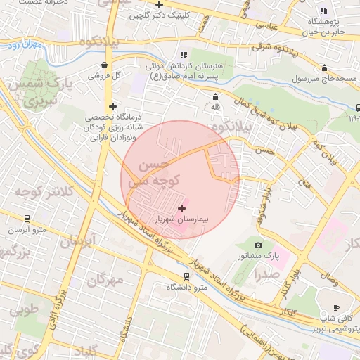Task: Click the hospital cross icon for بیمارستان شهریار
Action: pos(183,208)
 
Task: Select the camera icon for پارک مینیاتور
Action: pos(258,245)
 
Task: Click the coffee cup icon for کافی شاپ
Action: pos(336,307)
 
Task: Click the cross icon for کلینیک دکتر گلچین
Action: pos(160,4)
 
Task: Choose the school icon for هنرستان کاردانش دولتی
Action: pos(184,55)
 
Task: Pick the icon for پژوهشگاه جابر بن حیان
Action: pos(323,11)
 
